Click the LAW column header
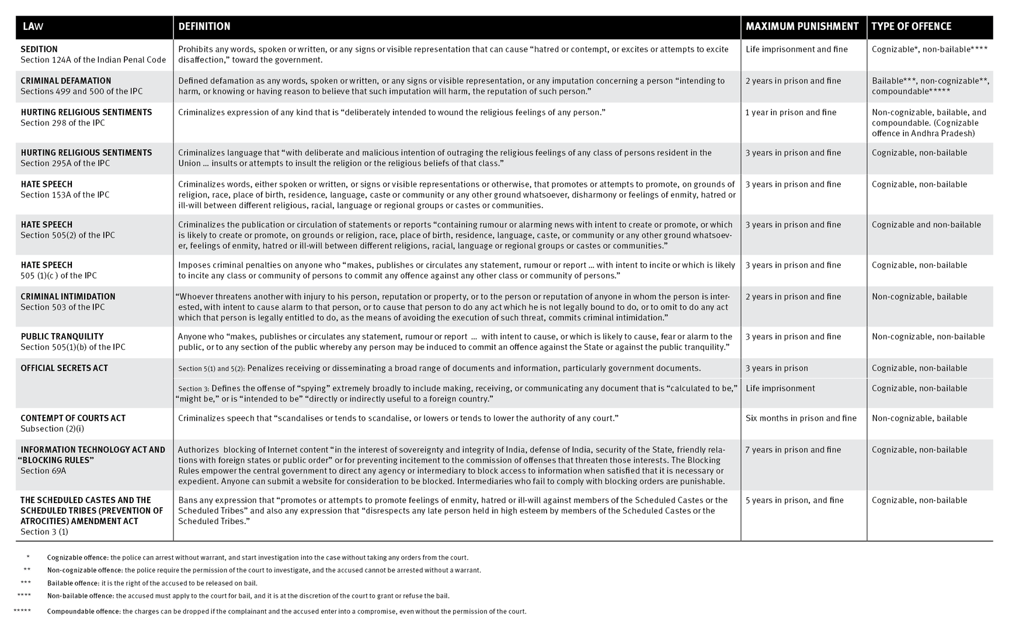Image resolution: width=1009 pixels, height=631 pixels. [33, 26]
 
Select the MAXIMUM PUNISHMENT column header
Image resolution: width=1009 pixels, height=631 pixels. [802, 26]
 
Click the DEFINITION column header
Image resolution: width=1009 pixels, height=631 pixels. [204, 26]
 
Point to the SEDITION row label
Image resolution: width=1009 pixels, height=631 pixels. [39, 49]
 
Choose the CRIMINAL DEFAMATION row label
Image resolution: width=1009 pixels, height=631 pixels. [65, 81]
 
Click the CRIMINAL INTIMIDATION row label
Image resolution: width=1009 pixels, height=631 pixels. [68, 296]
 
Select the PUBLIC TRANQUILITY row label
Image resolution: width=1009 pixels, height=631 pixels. [62, 337]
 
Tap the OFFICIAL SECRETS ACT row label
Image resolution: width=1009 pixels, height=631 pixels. [64, 368]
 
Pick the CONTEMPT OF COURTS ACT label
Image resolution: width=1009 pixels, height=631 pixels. [73, 418]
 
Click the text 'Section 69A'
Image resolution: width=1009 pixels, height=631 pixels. [43, 470]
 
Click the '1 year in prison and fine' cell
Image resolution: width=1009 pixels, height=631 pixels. [791, 112]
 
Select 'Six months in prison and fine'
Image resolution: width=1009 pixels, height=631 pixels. [801, 418]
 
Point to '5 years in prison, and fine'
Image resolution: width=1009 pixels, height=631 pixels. [794, 500]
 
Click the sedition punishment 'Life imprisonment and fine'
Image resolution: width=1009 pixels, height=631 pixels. [796, 49]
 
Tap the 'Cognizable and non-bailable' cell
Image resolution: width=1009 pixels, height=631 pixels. [926, 224]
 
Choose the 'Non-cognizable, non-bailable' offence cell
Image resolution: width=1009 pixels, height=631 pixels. [928, 337]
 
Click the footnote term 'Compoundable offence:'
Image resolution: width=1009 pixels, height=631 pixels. [84, 611]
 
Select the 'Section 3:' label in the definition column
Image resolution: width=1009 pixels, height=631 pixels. [193, 389]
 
